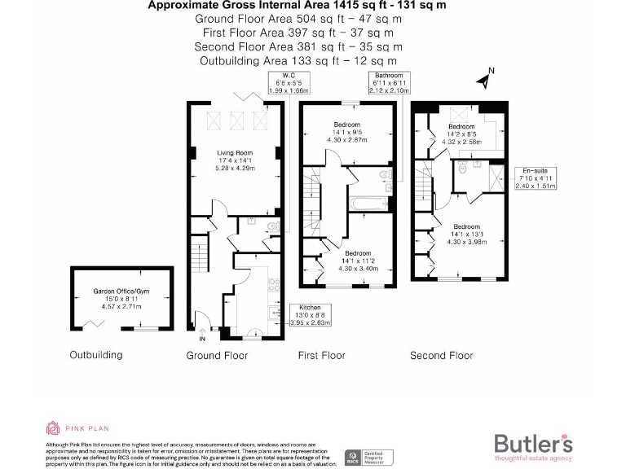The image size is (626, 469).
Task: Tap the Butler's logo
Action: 533,445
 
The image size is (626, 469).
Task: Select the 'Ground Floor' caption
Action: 217,355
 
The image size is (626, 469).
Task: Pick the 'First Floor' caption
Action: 322,355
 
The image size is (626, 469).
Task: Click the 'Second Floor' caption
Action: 441,355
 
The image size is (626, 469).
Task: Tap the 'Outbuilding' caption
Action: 96,355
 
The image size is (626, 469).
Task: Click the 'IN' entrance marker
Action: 202,337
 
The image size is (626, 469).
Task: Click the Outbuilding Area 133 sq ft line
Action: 298,60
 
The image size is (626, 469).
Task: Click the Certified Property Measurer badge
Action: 371,458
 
